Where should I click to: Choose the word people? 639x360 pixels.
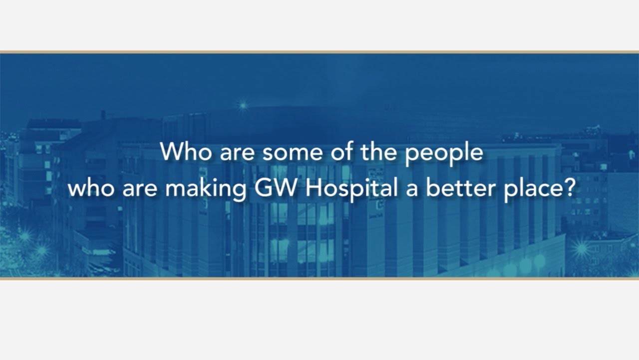pyautogui.click(x=444, y=153)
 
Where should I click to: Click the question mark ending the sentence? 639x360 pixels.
pyautogui.click(x=571, y=188)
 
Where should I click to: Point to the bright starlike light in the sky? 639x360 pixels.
pyautogui.click(x=243, y=105)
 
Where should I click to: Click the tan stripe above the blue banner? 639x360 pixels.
pyautogui.click(x=319, y=52)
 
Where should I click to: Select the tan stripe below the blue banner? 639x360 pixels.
pyautogui.click(x=319, y=278)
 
